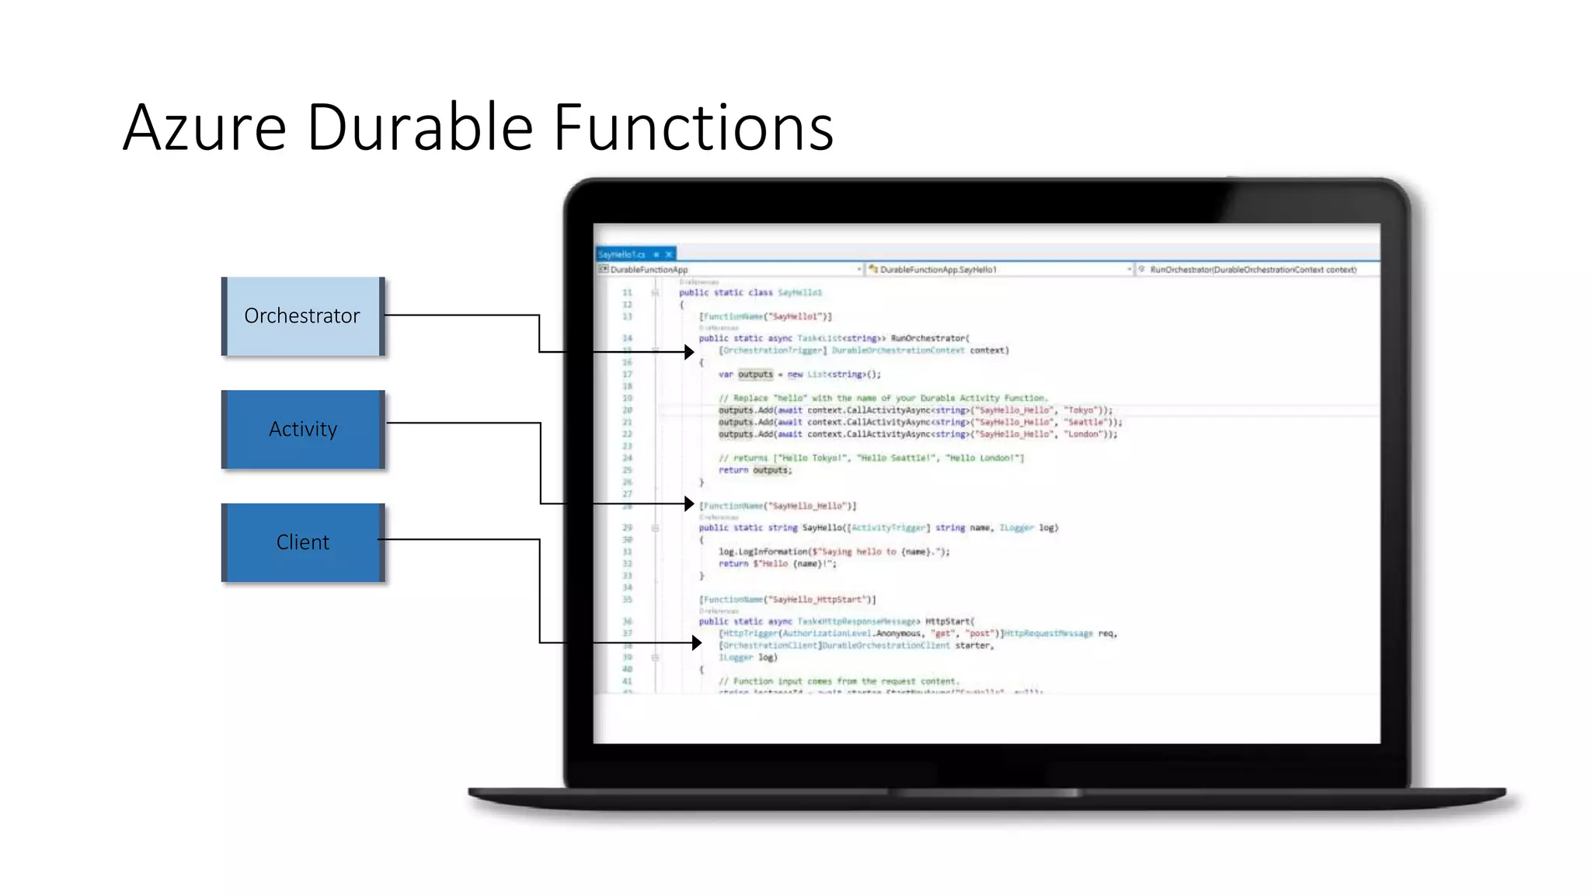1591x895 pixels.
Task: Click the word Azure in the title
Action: click(x=205, y=127)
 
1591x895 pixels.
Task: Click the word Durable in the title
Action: click(x=420, y=127)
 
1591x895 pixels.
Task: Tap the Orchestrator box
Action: click(x=303, y=316)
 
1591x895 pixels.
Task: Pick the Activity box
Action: click(x=303, y=430)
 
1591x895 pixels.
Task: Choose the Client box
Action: click(x=303, y=542)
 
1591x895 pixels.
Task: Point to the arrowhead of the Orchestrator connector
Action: click(x=689, y=352)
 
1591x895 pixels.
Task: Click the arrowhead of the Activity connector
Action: click(x=689, y=504)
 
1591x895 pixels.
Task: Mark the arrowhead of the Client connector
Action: click(x=697, y=643)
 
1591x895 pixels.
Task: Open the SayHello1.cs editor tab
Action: click(x=622, y=254)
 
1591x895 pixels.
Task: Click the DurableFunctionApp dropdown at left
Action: click(x=730, y=270)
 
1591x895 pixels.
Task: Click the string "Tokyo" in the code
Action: click(x=1080, y=410)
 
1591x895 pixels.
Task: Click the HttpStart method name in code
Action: click(x=948, y=622)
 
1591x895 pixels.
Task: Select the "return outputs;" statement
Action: click(x=754, y=470)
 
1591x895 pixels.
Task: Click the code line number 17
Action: click(x=627, y=374)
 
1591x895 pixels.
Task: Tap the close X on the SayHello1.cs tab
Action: click(x=669, y=254)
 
